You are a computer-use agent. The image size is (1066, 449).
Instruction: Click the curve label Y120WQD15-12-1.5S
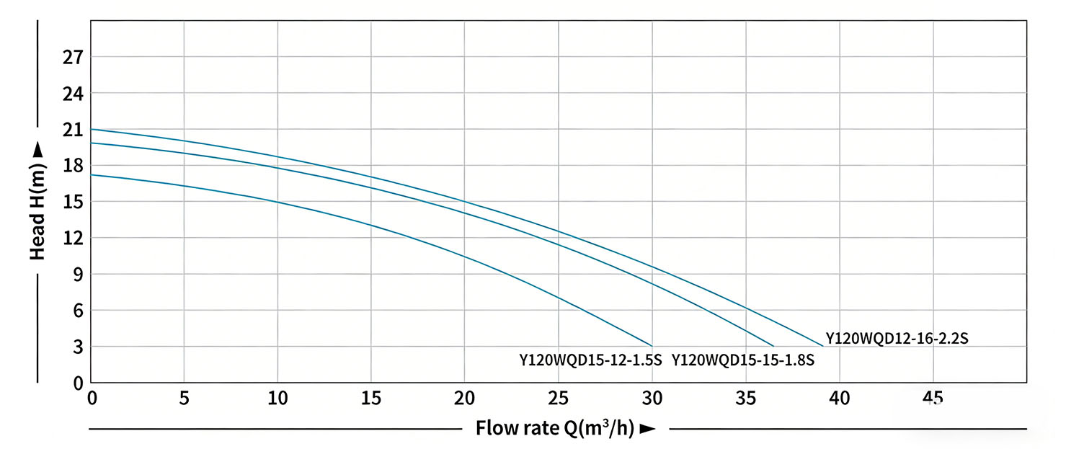tap(590, 360)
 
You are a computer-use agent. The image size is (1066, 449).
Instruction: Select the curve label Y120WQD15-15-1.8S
tap(743, 360)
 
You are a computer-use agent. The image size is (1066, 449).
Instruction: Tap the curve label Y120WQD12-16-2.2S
tap(901, 337)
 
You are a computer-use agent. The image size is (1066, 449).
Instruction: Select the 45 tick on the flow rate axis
tap(933, 398)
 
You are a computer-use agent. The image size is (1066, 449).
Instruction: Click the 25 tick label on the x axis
tap(558, 398)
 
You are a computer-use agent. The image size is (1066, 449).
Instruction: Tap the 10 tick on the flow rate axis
tap(277, 398)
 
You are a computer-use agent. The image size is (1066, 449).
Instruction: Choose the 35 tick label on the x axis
tap(746, 398)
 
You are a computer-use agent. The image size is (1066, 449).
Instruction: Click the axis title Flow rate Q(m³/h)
tap(554, 429)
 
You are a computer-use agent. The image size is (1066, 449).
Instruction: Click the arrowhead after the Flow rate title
tap(647, 430)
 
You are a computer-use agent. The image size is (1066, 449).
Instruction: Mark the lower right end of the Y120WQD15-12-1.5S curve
tap(652, 346)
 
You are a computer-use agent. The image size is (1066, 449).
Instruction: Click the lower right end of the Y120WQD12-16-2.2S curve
tap(822, 346)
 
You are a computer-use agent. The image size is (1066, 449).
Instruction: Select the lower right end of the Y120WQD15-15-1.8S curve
tap(774, 346)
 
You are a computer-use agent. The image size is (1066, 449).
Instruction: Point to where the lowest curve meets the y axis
tap(91, 174)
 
